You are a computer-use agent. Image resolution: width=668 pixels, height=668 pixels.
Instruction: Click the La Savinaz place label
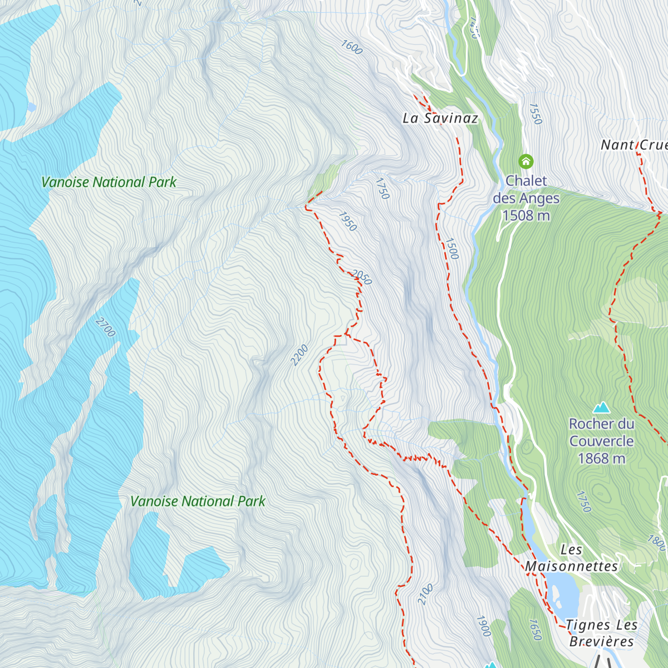point(440,118)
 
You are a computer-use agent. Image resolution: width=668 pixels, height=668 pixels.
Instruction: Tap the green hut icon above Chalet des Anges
point(525,161)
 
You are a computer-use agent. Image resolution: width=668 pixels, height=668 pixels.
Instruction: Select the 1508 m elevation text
point(526,215)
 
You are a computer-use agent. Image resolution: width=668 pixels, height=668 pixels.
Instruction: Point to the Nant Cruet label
point(633,145)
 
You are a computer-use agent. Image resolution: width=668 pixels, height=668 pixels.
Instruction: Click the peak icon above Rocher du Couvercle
point(601,408)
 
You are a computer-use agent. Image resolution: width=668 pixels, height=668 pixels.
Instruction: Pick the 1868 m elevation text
point(601,459)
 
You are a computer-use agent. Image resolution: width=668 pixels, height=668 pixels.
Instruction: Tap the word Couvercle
point(601,441)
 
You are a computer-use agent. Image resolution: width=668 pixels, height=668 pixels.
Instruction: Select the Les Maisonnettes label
point(572,558)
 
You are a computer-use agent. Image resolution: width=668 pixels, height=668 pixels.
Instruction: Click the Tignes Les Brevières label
point(601,633)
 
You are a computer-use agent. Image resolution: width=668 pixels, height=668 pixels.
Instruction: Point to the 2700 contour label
point(105,327)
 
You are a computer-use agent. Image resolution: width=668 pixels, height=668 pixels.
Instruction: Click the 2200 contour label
point(299,355)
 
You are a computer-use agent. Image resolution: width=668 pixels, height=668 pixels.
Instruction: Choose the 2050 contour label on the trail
point(361,277)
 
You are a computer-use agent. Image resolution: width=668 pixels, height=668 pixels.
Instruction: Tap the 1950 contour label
point(347,222)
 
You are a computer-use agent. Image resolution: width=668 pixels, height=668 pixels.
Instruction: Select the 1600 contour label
point(351,47)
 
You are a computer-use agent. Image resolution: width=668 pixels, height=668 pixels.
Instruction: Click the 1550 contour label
point(535,114)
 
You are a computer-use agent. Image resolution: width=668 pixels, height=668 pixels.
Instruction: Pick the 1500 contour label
point(451,249)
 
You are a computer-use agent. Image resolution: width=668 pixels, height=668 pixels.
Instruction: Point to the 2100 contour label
point(425,595)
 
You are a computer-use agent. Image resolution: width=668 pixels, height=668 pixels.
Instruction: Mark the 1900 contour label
point(483,626)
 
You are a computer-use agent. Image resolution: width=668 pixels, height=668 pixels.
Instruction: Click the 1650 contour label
point(534,630)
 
